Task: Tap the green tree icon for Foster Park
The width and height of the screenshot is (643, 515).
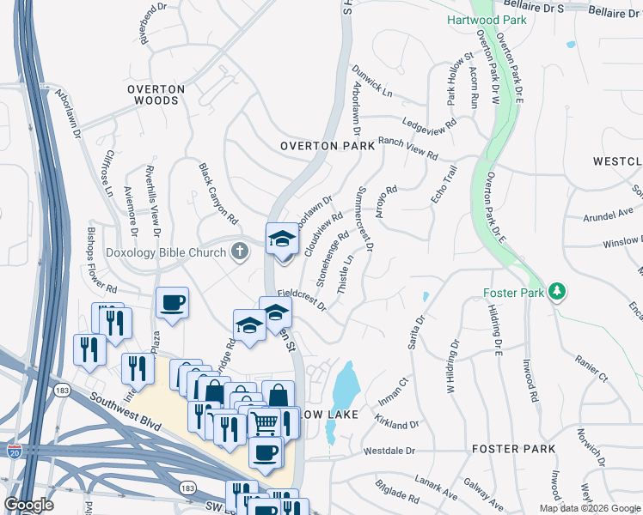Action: pyautogui.click(x=558, y=292)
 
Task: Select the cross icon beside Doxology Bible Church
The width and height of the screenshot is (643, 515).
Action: pyautogui.click(x=240, y=251)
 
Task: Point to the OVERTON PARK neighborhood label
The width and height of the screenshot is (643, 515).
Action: pyautogui.click(x=328, y=146)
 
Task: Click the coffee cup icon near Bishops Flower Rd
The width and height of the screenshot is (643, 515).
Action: pyautogui.click(x=172, y=302)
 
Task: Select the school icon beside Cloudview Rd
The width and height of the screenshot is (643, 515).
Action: pyautogui.click(x=281, y=239)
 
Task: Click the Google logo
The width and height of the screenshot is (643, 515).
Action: pyautogui.click(x=29, y=505)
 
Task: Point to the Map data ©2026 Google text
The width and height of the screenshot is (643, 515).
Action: pyautogui.click(x=589, y=508)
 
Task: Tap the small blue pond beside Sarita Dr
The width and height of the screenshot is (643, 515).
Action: pyautogui.click(x=425, y=296)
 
